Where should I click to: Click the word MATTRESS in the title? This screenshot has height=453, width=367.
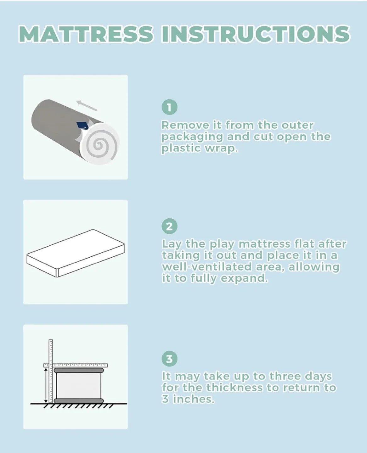86,34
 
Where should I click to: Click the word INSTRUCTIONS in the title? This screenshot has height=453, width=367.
255,34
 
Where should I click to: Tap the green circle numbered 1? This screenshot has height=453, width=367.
169,107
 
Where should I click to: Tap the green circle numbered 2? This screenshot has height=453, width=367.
169,226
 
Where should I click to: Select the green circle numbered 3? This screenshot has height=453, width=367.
169,359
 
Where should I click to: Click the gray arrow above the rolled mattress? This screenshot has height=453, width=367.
86,105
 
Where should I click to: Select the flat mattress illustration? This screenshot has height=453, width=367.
76,253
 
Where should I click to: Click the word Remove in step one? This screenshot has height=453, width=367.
185,125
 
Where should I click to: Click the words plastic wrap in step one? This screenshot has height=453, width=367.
199,148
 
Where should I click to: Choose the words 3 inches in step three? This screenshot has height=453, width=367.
188,399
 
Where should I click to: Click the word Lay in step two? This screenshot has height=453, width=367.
172,244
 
